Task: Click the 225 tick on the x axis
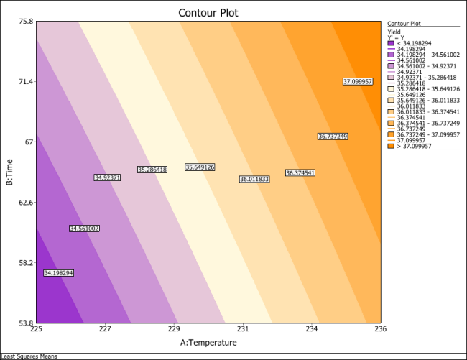35,330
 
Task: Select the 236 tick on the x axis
381,330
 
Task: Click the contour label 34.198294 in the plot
58,273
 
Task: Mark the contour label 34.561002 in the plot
84,229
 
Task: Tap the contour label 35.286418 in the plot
152,170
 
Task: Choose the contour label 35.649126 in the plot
200,167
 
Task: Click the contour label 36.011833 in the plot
254,179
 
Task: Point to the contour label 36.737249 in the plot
333,137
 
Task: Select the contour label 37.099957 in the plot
358,82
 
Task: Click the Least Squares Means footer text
29,356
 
